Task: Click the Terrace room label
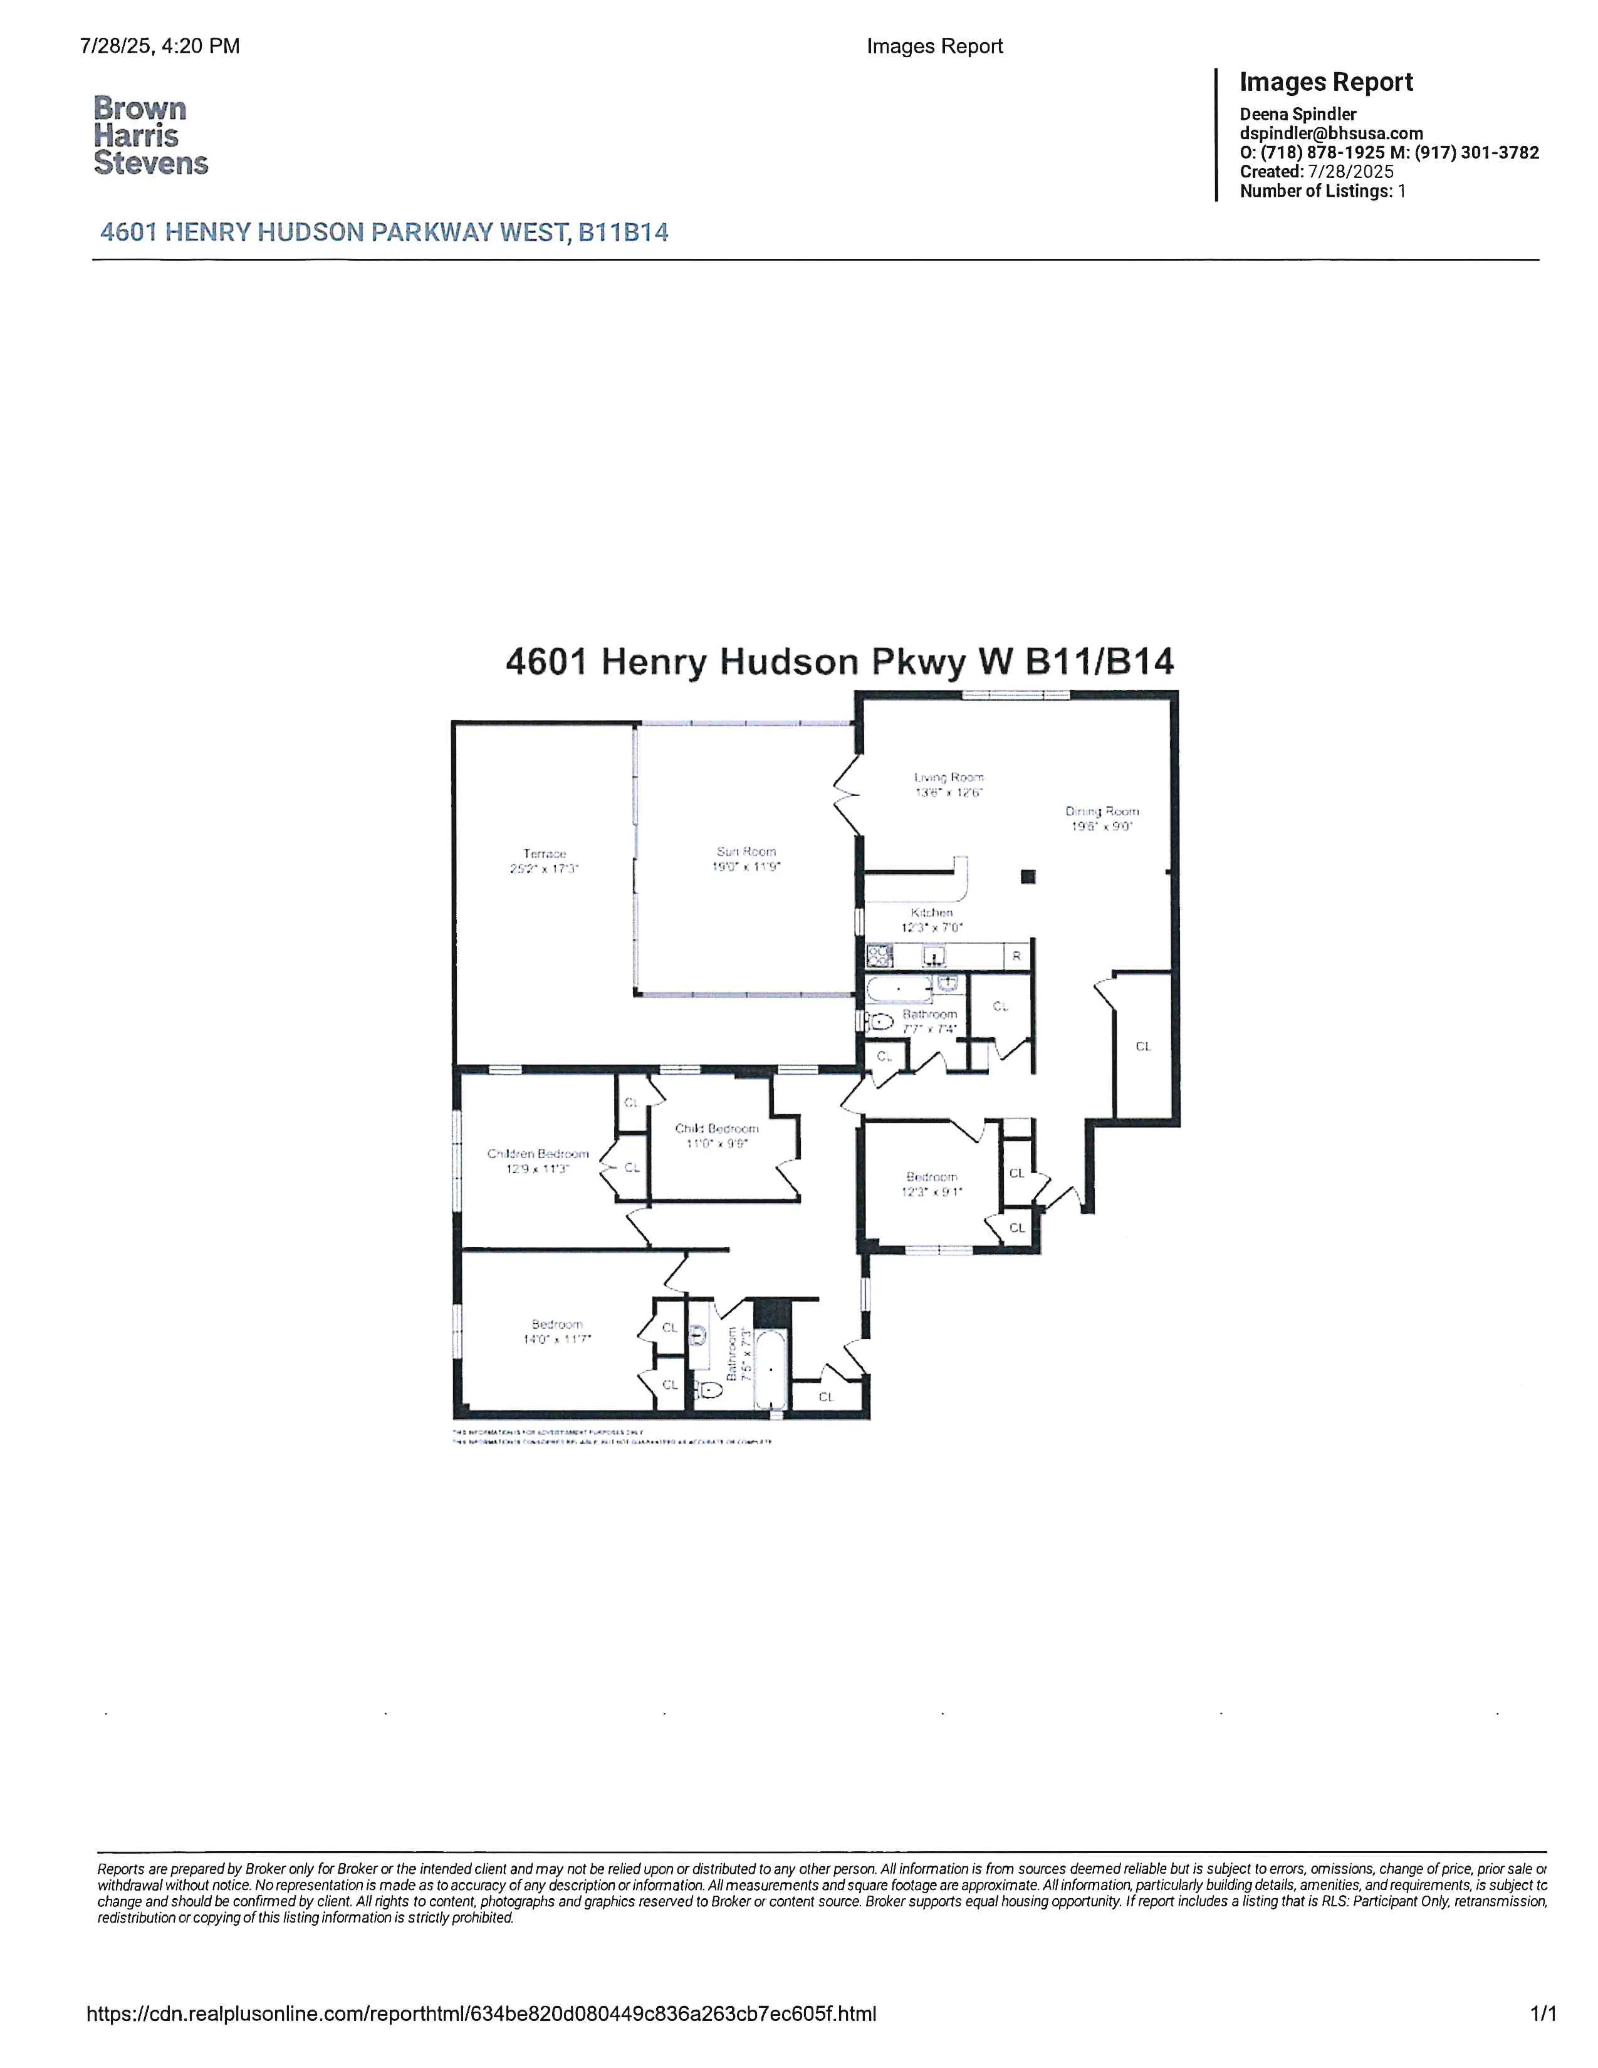click(545, 853)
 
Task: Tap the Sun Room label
click(746, 851)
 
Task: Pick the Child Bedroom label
click(717, 1128)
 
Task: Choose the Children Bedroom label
click(538, 1153)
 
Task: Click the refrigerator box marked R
click(1016, 956)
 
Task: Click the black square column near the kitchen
click(1028, 877)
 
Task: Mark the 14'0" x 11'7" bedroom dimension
click(558, 1339)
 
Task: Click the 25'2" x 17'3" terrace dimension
click(545, 869)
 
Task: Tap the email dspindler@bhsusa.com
click(1331, 133)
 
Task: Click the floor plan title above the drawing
click(840, 661)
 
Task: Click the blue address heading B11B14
click(384, 232)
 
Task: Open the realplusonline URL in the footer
click(481, 2040)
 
